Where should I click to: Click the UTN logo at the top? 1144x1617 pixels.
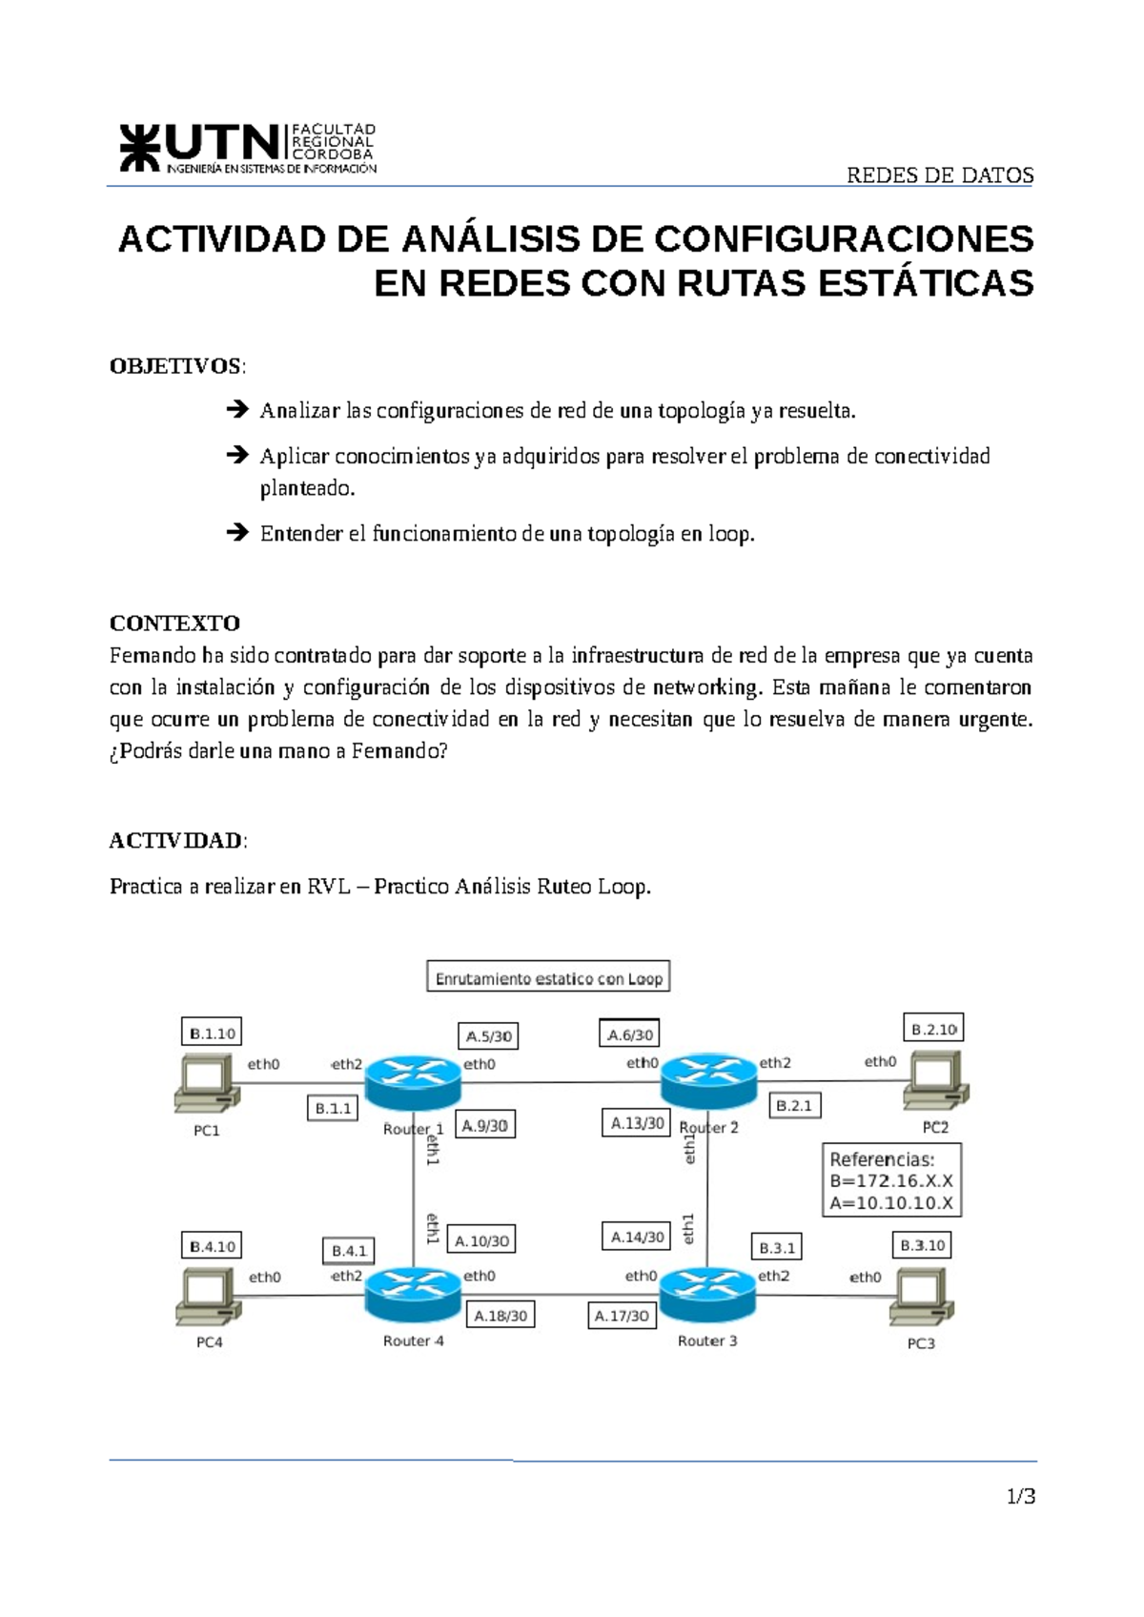pos(247,149)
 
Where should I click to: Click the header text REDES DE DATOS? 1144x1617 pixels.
pos(940,175)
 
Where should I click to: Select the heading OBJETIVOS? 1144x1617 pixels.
pos(176,366)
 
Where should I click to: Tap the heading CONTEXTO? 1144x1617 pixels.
pos(174,624)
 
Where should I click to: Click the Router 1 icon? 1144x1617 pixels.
pos(413,1083)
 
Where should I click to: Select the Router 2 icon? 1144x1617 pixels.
pos(708,1081)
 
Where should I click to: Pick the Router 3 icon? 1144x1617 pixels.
pos(706,1295)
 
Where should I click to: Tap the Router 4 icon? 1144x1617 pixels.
pos(413,1295)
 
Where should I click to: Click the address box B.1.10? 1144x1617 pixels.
pos(212,1033)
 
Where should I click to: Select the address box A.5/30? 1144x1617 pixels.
pos(489,1035)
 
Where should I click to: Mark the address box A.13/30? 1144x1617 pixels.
pos(637,1123)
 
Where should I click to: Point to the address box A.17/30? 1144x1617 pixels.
pos(622,1316)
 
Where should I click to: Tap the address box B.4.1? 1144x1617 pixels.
pos(349,1251)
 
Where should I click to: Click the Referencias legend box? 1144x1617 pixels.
pos(891,1181)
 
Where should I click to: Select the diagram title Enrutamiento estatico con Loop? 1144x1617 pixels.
pos(548,978)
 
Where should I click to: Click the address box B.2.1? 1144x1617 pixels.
pos(794,1106)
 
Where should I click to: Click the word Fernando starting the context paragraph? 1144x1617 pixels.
pos(142,656)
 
